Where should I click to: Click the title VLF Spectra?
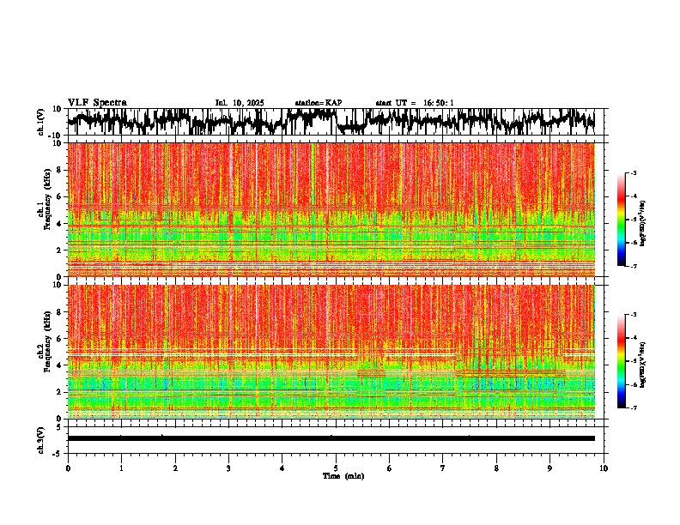(x=97, y=103)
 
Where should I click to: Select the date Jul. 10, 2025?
(x=239, y=103)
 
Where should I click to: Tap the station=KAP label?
(x=319, y=103)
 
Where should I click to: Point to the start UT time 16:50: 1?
(x=415, y=103)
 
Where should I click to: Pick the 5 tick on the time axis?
(x=336, y=468)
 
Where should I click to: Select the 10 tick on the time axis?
(x=604, y=468)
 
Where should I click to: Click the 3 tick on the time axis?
(x=228, y=468)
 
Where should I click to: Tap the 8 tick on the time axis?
(x=496, y=468)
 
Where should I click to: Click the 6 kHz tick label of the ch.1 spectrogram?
(x=61, y=196)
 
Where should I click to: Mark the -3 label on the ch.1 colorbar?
(x=633, y=173)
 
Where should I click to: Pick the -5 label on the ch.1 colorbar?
(x=633, y=220)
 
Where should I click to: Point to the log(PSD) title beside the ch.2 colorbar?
(x=643, y=361)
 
